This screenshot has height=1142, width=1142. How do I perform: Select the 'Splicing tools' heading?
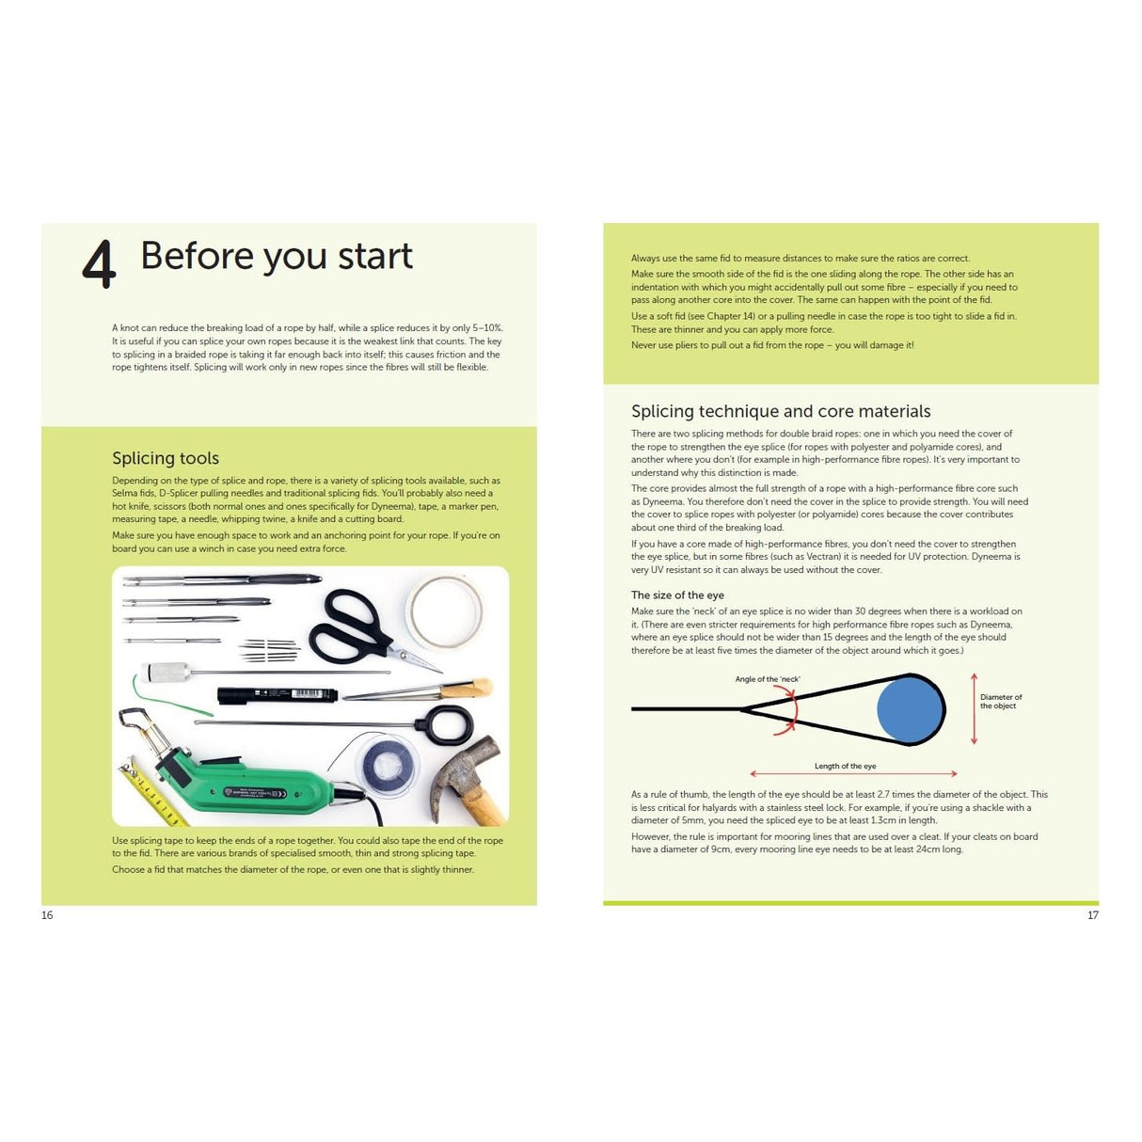click(x=166, y=458)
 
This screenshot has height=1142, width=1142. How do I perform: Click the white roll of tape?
click(x=445, y=612)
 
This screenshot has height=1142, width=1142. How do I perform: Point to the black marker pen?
click(x=277, y=695)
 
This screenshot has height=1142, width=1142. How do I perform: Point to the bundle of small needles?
click(x=269, y=649)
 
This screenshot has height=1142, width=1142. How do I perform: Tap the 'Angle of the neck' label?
click(x=768, y=679)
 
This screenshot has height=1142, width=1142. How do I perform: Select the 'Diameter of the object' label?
click(x=1001, y=702)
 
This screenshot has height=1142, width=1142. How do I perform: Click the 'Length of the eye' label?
click(x=845, y=766)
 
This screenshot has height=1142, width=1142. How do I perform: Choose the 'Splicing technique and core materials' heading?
click(x=781, y=411)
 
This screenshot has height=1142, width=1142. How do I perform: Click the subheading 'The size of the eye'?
click(x=677, y=595)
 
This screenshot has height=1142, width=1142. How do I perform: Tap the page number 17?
click(x=1092, y=915)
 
